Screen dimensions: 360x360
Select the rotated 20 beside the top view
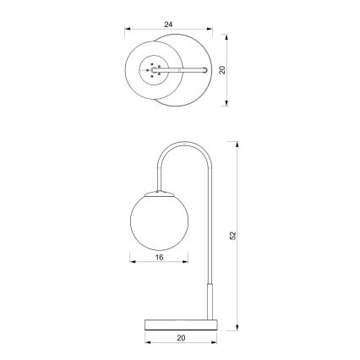[223, 70]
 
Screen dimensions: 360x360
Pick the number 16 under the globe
[160, 257]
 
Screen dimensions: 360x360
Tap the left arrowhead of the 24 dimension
[128, 31]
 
